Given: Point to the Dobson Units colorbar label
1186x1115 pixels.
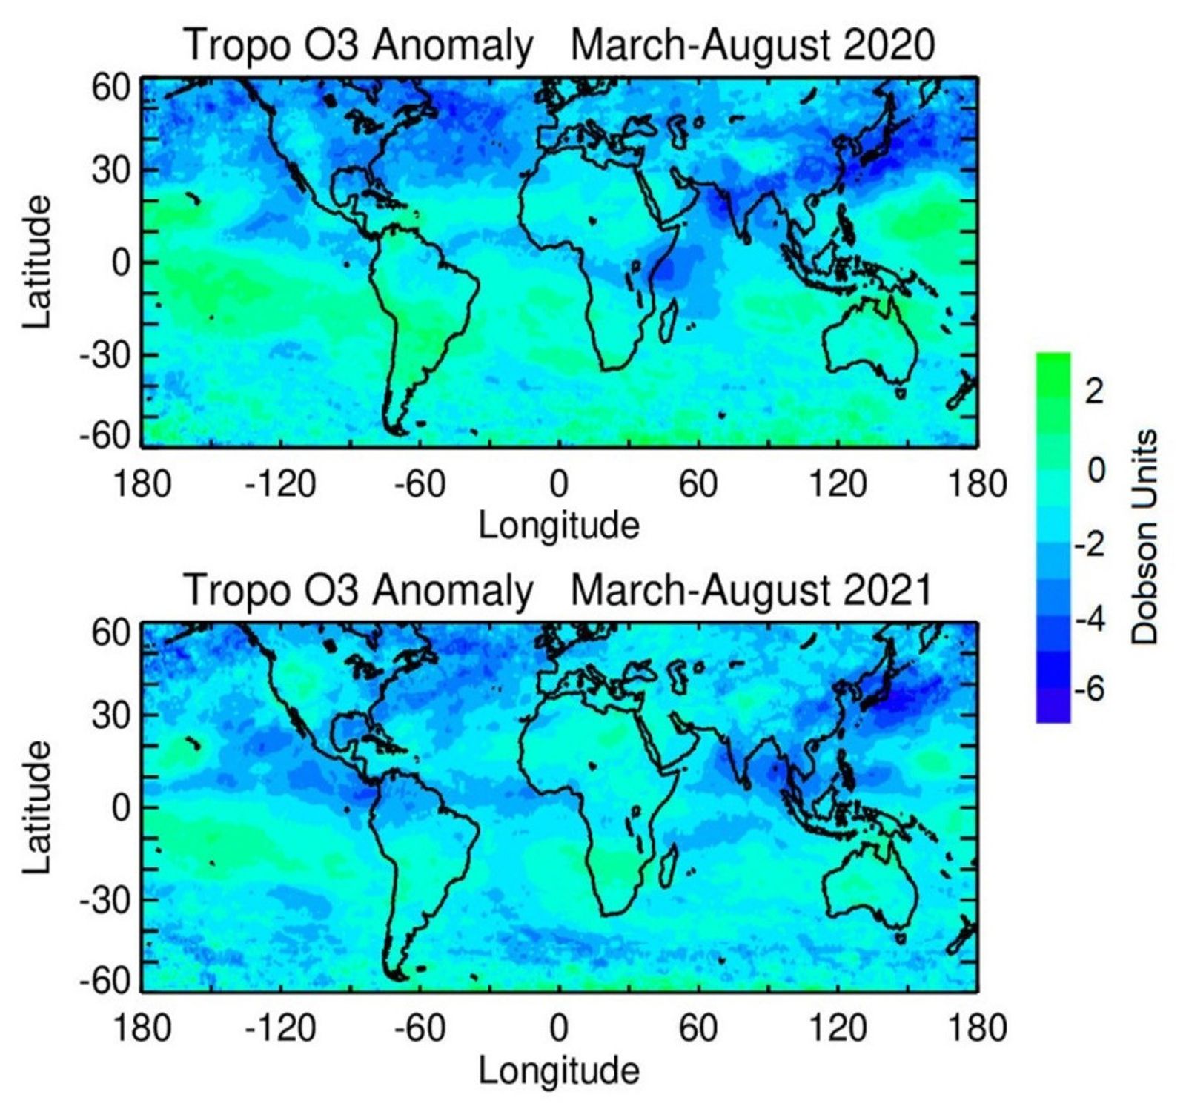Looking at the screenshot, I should [1145, 537].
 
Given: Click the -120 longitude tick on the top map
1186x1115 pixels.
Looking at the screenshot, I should [280, 484].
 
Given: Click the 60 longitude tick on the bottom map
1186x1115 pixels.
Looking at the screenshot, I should [698, 1029].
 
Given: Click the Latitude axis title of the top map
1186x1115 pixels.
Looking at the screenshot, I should [37, 262].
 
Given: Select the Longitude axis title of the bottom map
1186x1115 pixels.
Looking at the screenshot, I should [559, 1071].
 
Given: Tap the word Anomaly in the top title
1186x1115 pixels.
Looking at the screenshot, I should [452, 45].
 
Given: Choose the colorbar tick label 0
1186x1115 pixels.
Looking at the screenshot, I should [1095, 470].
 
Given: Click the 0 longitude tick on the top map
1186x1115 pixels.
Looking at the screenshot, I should [559, 484].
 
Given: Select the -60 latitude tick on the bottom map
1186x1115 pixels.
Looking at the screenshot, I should [105, 981].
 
